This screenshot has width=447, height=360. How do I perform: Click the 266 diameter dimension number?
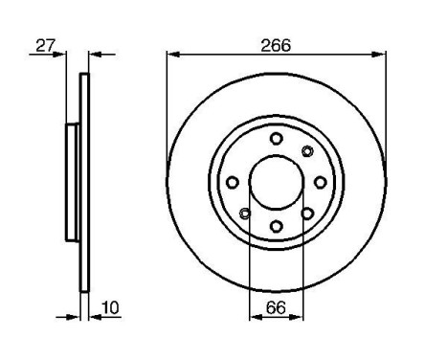point(276,44)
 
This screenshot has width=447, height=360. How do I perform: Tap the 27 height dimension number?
point(43,44)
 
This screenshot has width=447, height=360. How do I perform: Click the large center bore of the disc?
point(276,182)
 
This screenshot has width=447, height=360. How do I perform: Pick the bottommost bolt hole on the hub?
point(276,226)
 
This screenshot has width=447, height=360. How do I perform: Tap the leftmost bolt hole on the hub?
point(232,182)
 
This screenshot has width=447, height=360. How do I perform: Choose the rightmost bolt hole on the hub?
point(320,182)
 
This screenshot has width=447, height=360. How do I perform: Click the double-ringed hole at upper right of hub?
point(307,150)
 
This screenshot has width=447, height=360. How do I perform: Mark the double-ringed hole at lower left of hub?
point(245,213)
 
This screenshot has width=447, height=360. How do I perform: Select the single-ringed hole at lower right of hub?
point(307,213)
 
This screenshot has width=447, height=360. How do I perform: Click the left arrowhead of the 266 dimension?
point(171,56)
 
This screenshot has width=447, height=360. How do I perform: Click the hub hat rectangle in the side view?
point(72,182)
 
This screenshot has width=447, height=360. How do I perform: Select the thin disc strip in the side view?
point(83,182)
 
